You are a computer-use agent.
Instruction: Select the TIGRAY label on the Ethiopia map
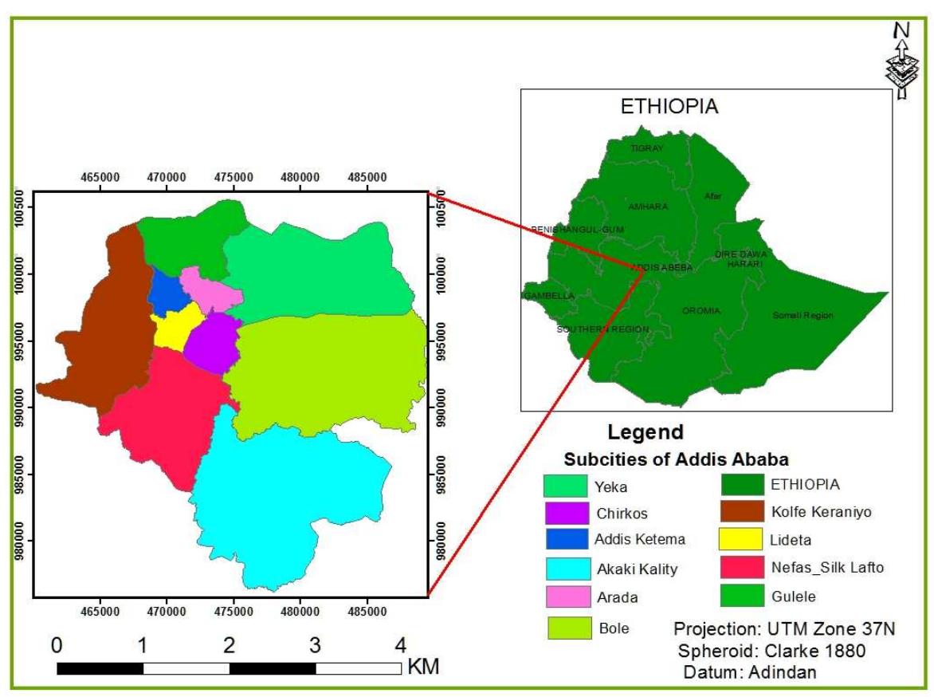tap(646, 148)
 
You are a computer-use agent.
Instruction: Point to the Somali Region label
tap(803, 316)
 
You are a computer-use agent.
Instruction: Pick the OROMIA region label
tap(701, 310)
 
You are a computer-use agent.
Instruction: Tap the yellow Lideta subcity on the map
tap(172, 327)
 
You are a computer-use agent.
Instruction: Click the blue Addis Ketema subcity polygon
tap(165, 292)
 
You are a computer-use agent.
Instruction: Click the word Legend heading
tap(645, 433)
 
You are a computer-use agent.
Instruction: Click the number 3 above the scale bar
tap(315, 644)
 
